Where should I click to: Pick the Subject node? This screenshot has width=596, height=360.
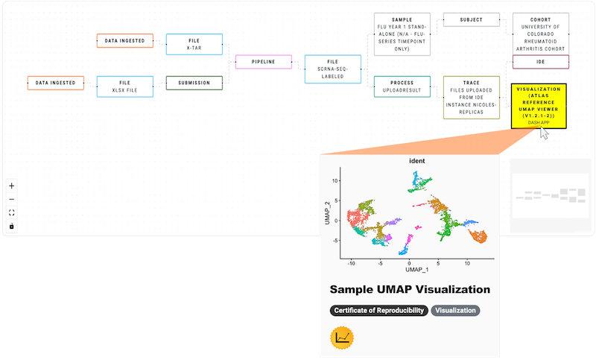point(472,19)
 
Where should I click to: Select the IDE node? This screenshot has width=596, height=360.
point(541,62)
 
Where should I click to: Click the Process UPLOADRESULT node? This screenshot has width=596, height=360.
point(401,87)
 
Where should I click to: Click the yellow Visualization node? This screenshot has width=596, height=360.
point(539,105)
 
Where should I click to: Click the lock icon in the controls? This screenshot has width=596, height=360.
point(11,226)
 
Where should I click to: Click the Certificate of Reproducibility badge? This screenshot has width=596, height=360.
point(378,311)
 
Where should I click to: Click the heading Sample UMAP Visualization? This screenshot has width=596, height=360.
point(410,289)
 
